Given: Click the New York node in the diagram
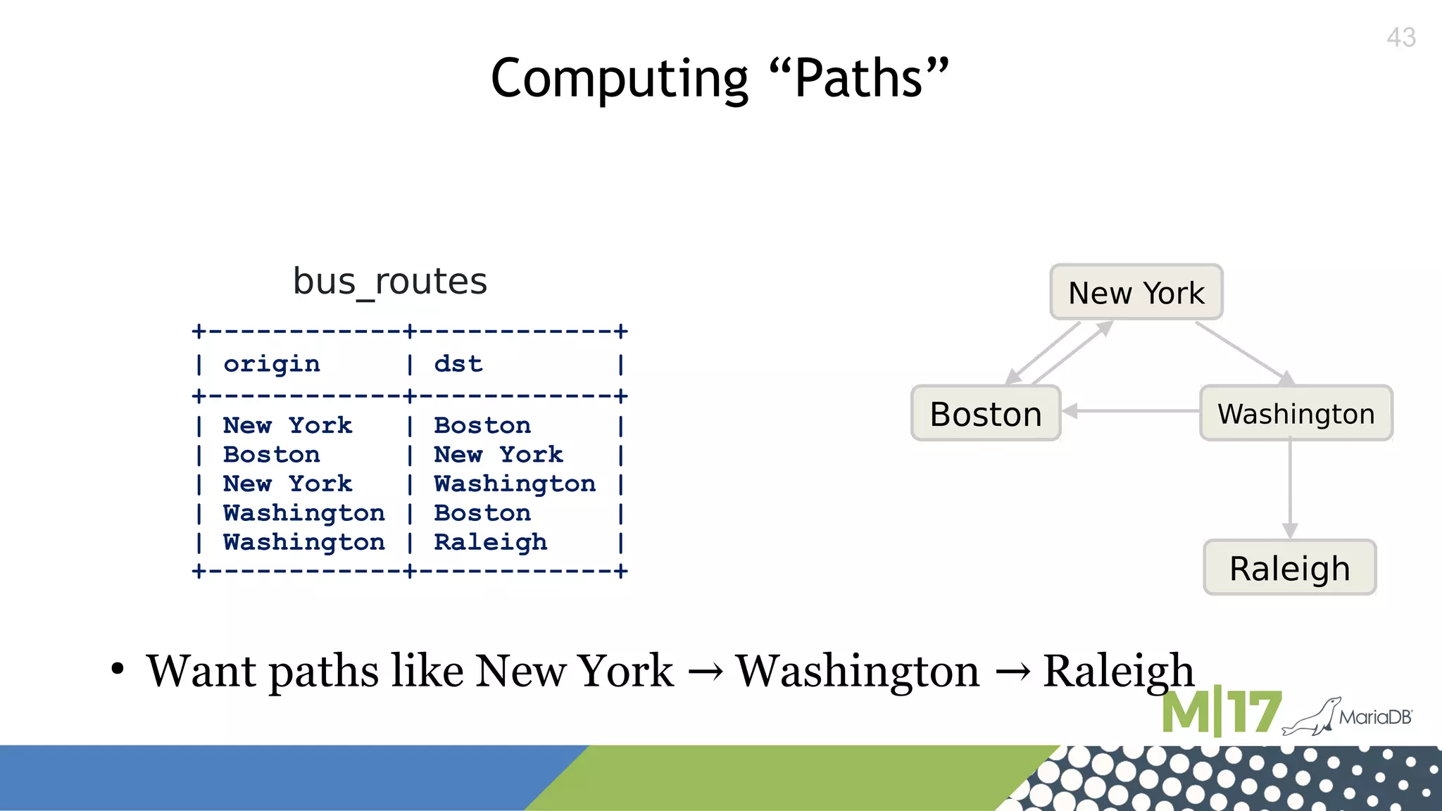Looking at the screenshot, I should pos(1136,292).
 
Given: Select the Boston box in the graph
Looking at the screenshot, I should pos(986,413).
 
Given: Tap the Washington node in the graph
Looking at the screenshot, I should pos(1296,413).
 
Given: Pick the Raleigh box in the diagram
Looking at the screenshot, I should pos(1289,568).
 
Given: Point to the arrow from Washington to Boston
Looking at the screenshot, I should pos(1131,411).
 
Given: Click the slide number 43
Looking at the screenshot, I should pos(1400,37).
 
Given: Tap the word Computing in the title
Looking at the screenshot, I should pos(619,78).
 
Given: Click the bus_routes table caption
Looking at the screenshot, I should pos(389,282).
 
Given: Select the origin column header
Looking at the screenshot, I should pos(272,364).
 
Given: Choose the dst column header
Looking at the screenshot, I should pos(458,364).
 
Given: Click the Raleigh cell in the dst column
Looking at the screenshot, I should pos(490,542).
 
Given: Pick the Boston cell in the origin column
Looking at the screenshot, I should pos(272,455).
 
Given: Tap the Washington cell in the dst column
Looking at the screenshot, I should pos(515,484).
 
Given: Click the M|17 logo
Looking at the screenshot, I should pos(1220,712).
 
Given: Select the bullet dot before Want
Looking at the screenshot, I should pos(118,669).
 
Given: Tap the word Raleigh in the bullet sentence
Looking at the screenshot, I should pos(1118,672).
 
